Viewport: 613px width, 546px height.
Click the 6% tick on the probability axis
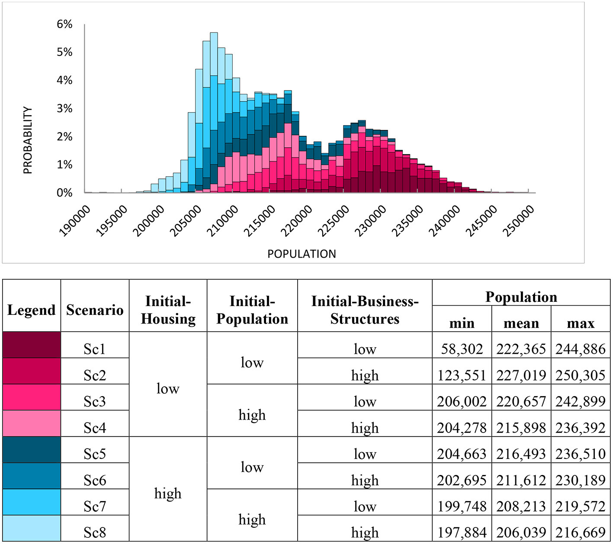tap(64, 24)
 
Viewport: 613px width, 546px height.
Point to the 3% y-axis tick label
tap(64, 108)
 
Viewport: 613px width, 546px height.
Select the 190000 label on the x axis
tap(75, 220)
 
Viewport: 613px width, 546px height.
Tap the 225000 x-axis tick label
tap(334, 220)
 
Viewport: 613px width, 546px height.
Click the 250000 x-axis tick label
tap(519, 220)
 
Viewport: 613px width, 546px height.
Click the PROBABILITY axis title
tap(28, 140)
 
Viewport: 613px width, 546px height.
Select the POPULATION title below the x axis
tap(302, 254)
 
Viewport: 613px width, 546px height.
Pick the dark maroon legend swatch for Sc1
tap(32, 345)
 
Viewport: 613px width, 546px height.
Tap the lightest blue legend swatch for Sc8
tap(32, 528)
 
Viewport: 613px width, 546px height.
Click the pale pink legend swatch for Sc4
tap(32, 423)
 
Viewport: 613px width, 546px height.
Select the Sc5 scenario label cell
tap(95, 453)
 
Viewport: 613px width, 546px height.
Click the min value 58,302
tap(462, 349)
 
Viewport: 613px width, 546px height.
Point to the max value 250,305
tap(581, 375)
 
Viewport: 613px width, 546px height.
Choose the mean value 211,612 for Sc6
tap(521, 480)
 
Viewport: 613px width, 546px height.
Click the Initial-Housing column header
tap(168, 310)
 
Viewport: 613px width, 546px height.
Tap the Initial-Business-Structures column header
tap(365, 310)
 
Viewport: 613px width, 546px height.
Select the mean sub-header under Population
tap(521, 323)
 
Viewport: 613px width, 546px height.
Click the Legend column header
tap(32, 310)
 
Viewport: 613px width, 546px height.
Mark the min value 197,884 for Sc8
tap(462, 532)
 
